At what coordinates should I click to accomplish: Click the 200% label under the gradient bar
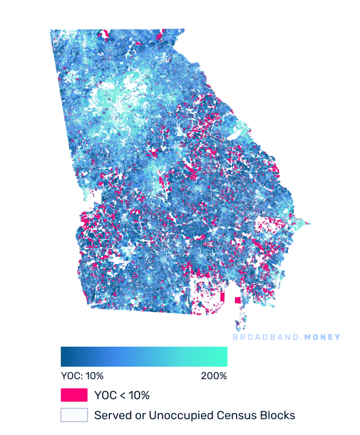point(214,376)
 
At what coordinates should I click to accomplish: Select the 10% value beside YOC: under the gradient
point(93,376)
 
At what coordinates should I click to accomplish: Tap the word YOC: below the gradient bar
point(71,376)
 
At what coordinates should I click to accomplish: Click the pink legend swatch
point(74,395)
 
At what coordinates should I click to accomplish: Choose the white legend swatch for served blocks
point(74,415)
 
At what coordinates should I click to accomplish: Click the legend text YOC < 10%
point(122,395)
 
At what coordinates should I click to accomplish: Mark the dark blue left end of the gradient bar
point(63,356)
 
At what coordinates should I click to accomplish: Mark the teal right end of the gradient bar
point(224,356)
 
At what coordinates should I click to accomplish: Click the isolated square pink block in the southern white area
point(238,300)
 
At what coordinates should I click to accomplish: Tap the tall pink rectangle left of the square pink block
point(223,297)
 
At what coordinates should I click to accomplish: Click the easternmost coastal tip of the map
point(309,224)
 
